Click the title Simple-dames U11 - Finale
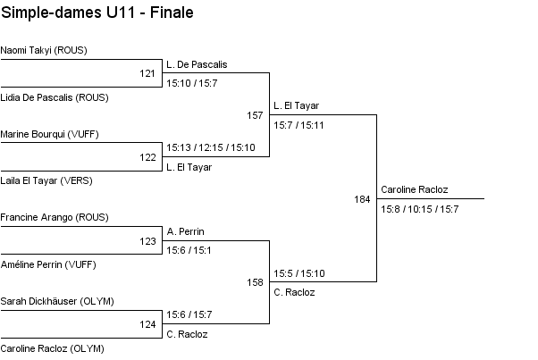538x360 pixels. coord(97,13)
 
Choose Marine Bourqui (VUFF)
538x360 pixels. coord(50,134)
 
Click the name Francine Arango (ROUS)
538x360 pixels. coord(55,217)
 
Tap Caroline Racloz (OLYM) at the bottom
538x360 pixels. coord(53,347)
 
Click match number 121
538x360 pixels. coord(147,73)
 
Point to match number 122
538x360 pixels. coord(147,157)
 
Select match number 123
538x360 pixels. coord(147,241)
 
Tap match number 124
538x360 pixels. coord(147,324)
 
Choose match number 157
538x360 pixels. coord(255,115)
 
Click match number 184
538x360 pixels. coord(362,199)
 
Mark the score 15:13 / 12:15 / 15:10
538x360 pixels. coord(211,147)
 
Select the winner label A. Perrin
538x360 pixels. coord(185,230)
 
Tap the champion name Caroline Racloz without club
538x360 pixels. coord(415,189)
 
